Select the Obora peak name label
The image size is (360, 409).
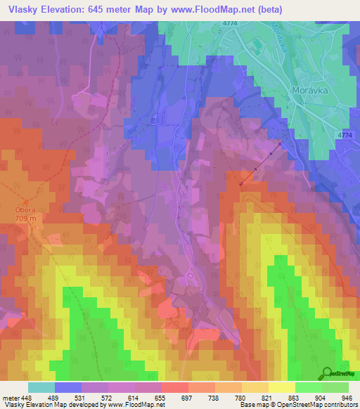[25, 209]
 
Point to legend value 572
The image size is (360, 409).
[108, 396]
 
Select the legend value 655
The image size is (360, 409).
[162, 396]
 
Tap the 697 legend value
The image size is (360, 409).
[188, 396]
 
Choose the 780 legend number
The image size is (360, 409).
[242, 396]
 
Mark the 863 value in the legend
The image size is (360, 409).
[295, 396]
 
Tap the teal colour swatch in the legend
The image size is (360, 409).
[41, 387]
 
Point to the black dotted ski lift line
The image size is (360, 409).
[260, 164]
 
